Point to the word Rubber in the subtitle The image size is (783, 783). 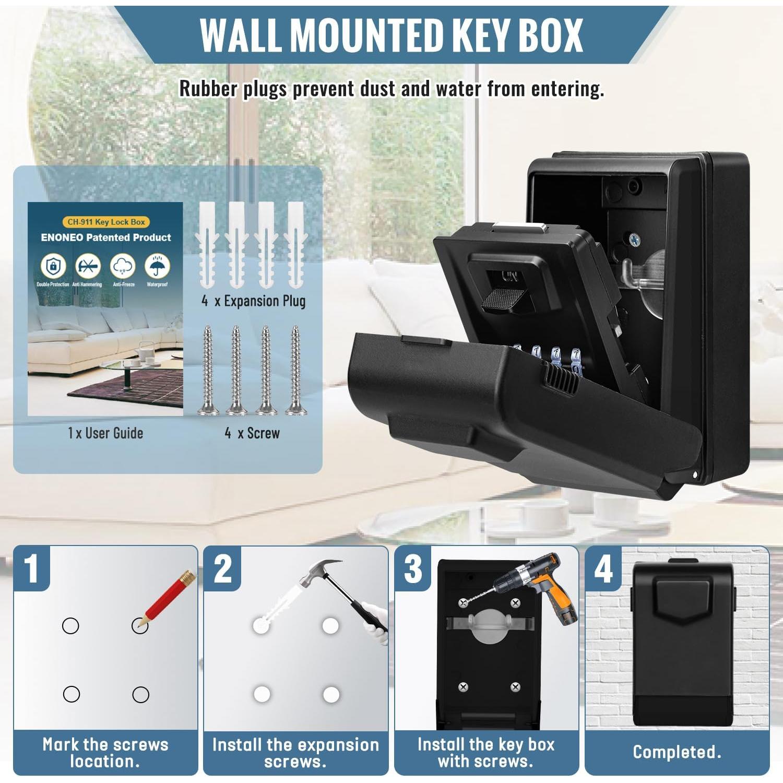coord(208,89)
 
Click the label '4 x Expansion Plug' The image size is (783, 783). coord(254,301)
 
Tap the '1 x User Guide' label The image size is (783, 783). coord(105,433)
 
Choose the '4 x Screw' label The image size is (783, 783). coord(253,433)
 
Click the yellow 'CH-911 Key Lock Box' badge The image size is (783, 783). coord(106,222)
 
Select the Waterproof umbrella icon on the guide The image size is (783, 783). coord(157,266)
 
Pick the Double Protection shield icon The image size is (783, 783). coord(53,266)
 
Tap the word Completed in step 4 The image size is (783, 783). coord(677,752)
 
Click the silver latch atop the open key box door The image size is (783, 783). coord(519,228)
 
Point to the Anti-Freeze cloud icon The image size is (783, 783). coord(123,266)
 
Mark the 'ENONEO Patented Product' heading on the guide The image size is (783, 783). coord(106,238)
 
